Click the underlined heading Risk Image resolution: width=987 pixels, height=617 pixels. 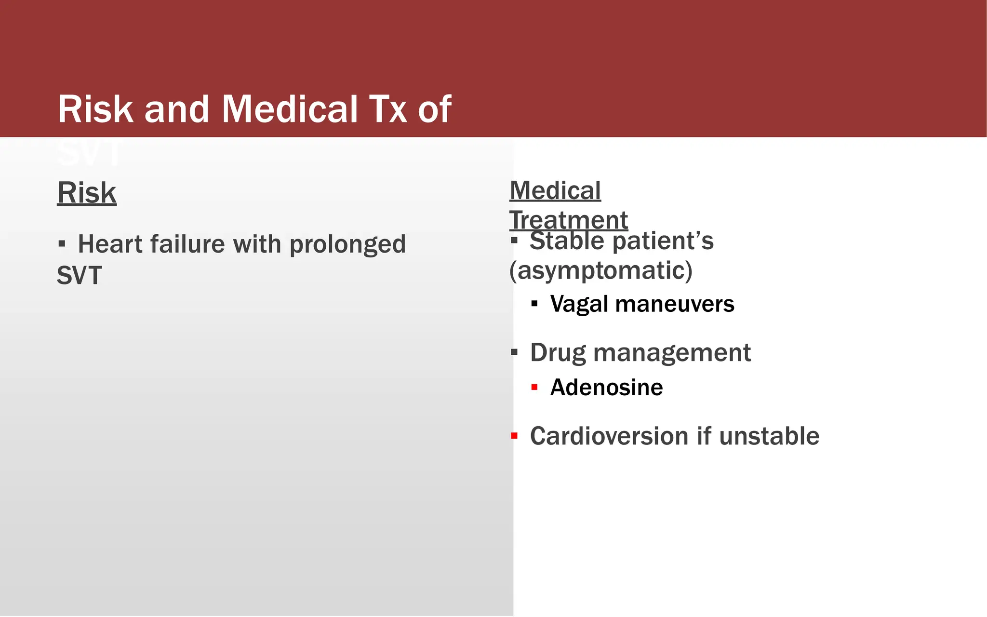(87, 193)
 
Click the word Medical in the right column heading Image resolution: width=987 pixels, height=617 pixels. (555, 190)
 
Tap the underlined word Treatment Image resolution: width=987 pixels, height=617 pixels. (569, 220)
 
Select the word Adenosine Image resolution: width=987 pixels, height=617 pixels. (606, 388)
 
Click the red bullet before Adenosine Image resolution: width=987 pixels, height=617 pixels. (534, 387)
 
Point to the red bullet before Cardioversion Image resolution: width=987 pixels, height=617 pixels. (514, 436)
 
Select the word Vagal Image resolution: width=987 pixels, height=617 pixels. (579, 304)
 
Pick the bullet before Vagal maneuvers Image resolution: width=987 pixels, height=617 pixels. (534, 304)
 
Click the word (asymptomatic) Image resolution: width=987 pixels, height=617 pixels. (600, 270)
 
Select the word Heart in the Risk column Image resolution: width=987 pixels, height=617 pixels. (111, 244)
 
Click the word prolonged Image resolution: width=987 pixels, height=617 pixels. (347, 245)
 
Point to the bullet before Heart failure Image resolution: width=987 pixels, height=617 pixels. (61, 243)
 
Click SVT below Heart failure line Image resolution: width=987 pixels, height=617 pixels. (79, 276)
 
